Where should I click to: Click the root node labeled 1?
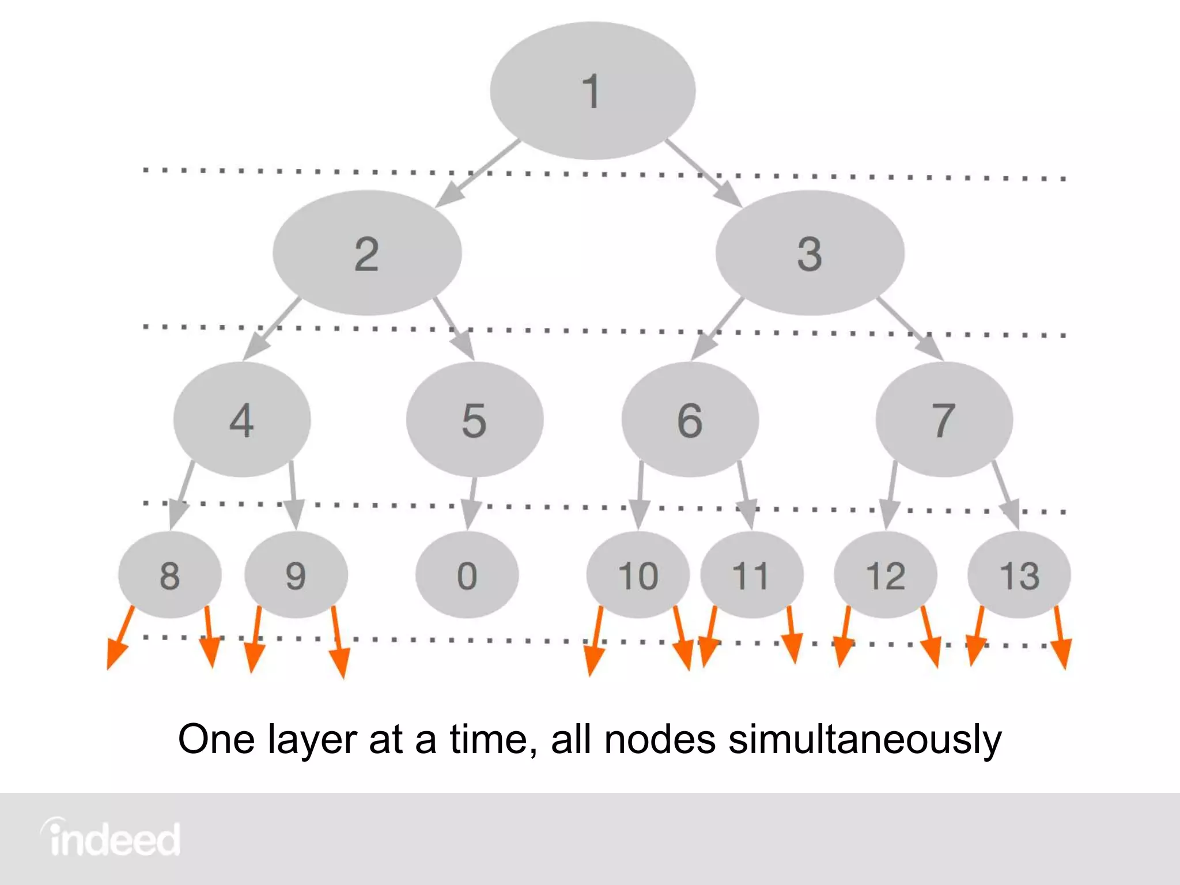tap(592, 91)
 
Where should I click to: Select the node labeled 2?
tap(367, 254)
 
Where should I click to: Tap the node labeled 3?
tap(810, 254)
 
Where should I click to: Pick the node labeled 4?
tap(242, 419)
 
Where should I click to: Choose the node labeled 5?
tap(474, 419)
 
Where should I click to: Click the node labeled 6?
tap(690, 419)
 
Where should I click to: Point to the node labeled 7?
tap(944, 419)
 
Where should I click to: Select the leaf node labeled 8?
tap(169, 575)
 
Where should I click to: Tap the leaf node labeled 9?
tap(296, 575)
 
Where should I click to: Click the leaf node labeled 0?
tap(467, 575)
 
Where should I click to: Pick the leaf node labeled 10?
tap(638, 575)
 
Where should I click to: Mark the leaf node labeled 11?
tap(751, 575)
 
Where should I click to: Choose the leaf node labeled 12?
tap(885, 575)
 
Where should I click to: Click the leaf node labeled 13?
tap(1019, 575)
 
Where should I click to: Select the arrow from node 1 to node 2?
tap(478, 173)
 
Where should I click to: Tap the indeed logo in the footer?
tap(111, 838)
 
